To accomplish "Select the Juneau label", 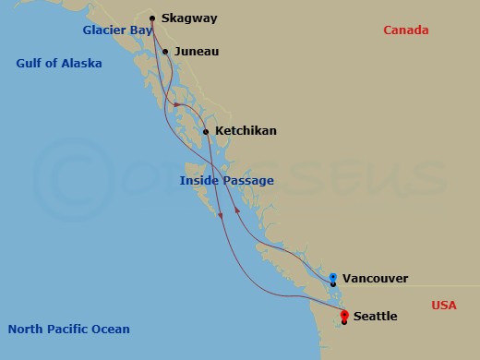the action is tap(197, 52).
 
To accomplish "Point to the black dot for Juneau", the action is tap(165, 52).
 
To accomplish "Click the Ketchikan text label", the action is tap(245, 131).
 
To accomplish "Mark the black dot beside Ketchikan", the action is tap(206, 132).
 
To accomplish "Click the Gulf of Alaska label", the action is tap(59, 64).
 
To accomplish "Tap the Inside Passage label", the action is tap(226, 181).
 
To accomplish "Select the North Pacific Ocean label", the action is tap(68, 329).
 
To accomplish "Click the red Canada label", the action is tap(406, 30).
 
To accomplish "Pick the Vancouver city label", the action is tap(375, 278).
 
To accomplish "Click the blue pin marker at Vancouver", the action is tap(333, 276).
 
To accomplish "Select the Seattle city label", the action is tap(375, 317).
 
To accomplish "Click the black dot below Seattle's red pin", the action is tap(344, 322).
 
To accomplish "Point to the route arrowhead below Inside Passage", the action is tap(222, 216).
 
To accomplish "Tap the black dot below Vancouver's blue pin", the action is tap(333, 284).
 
